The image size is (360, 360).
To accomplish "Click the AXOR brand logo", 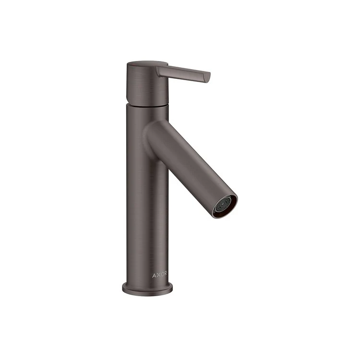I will (x=160, y=275).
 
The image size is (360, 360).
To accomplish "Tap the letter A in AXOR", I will (x=155, y=275).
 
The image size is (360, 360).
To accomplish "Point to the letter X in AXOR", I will (x=158, y=275).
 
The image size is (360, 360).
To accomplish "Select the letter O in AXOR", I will (x=162, y=275).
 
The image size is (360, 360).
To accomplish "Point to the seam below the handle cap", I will (x=146, y=104).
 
